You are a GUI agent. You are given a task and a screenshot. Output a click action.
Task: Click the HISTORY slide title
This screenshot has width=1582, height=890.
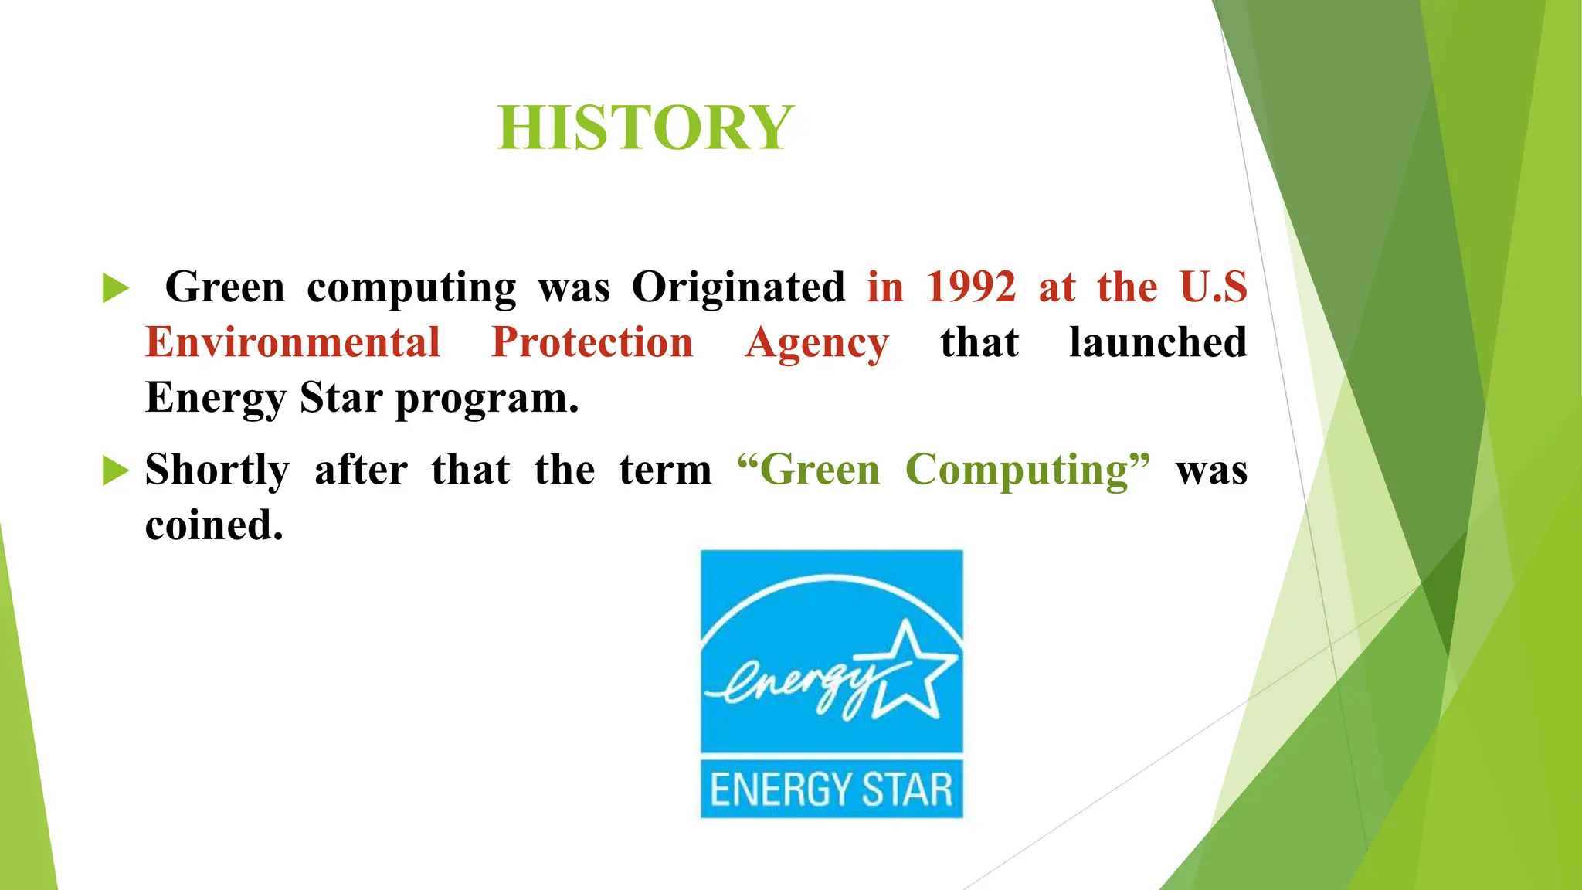pos(646,127)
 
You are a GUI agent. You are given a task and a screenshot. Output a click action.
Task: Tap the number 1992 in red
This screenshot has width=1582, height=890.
pos(971,287)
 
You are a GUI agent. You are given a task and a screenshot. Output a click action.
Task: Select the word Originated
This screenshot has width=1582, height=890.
pos(738,287)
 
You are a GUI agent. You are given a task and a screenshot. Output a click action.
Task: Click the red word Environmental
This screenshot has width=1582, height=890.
pos(293,342)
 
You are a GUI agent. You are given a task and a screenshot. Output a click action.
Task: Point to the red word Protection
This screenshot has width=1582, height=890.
pos(592,342)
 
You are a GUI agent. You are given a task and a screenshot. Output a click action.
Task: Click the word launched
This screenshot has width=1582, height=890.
pos(1158,342)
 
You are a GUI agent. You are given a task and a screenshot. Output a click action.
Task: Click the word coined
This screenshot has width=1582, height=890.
pos(214,525)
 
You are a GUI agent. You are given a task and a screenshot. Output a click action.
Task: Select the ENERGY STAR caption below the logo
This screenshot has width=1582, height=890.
pos(831,790)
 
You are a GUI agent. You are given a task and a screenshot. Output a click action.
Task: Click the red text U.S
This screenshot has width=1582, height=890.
pos(1214,287)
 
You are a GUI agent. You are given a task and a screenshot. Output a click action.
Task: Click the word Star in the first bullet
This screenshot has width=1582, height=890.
pos(341,399)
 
